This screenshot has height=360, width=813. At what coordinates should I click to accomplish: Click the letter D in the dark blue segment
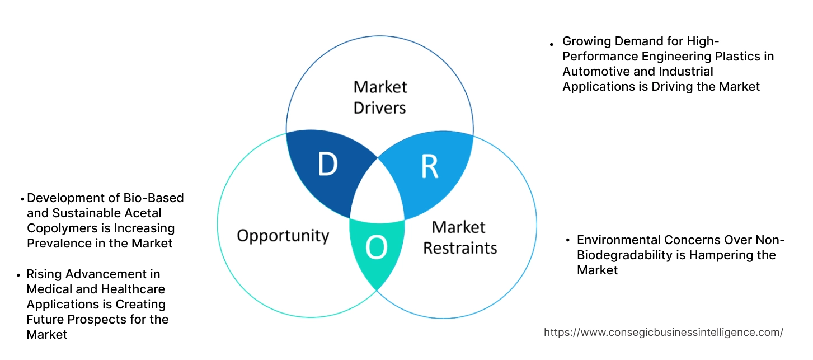328,164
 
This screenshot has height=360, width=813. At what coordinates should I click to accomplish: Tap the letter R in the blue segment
429,166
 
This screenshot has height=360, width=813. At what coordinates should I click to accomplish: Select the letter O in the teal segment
376,248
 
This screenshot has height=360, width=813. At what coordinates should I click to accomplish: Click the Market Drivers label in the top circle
380,97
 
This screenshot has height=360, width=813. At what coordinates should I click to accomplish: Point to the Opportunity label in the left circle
283,235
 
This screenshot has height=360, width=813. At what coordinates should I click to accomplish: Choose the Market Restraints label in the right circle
459,237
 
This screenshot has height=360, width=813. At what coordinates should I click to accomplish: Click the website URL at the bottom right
663,332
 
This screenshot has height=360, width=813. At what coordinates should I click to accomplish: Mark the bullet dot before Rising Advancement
20,275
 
